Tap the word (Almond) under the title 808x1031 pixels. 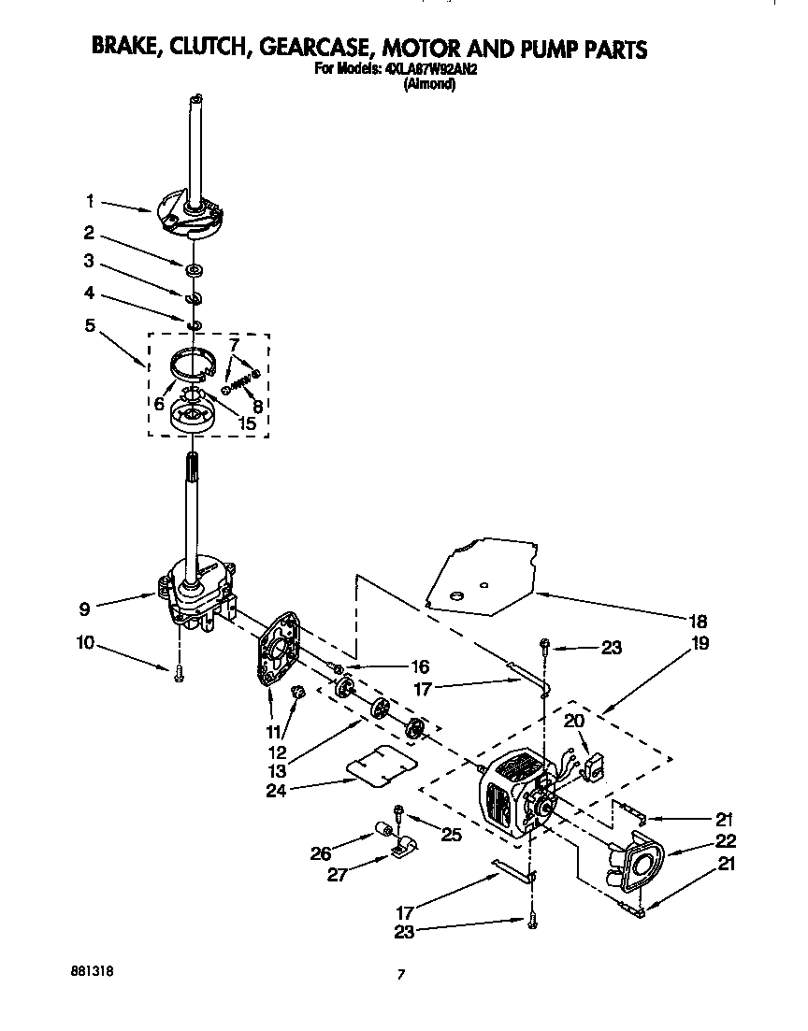click(428, 83)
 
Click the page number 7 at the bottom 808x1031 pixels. click(401, 975)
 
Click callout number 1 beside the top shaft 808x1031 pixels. click(90, 200)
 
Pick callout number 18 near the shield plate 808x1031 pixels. click(699, 621)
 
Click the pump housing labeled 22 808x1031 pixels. click(636, 866)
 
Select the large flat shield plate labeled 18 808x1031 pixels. click(477, 574)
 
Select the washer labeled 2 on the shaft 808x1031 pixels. click(195, 269)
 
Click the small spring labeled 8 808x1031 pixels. click(241, 379)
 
